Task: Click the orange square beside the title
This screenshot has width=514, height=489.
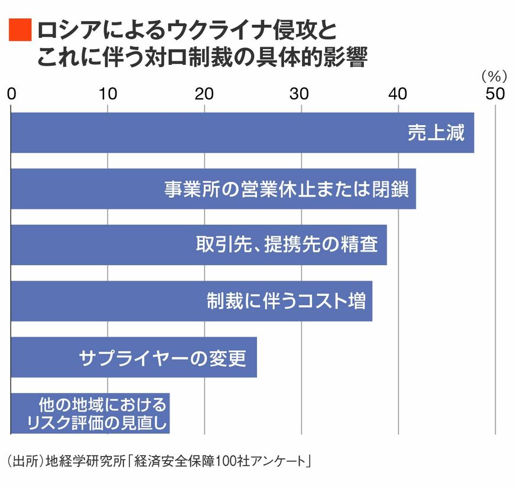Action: click(20, 30)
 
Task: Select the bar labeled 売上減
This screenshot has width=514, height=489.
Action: click(242, 133)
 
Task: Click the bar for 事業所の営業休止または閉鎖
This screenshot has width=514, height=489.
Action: click(213, 189)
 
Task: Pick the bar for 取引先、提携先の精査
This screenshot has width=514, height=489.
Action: click(199, 244)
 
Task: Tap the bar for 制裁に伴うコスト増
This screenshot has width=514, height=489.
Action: click(191, 301)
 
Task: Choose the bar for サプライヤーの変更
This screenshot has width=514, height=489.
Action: click(134, 357)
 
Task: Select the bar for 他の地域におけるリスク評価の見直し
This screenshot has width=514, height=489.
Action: click(90, 413)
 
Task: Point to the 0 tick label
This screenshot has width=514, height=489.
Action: click(11, 94)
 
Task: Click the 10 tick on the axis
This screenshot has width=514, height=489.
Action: click(108, 94)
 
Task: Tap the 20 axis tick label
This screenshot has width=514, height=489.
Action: click(204, 94)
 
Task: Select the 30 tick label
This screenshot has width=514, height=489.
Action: click(301, 94)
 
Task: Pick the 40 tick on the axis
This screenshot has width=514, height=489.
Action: click(398, 94)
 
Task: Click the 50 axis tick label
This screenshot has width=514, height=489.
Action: click(495, 94)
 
